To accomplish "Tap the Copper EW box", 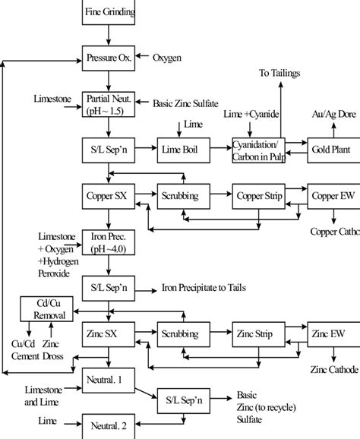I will point(332,196).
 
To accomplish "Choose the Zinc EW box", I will point(332,333).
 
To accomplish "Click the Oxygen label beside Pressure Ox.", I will point(169,58).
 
